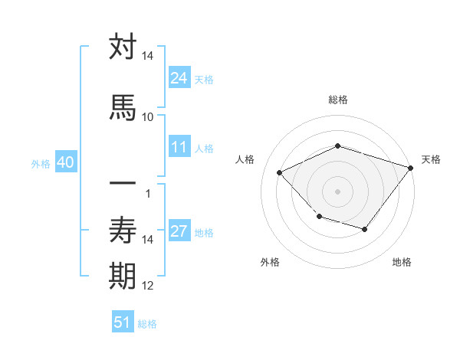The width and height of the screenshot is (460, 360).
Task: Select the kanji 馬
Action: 123,106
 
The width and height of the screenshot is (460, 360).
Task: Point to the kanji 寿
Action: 123,229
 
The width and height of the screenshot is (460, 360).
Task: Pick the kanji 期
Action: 123,275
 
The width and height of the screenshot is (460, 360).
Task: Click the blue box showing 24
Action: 179,77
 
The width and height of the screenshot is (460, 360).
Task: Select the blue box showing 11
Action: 179,147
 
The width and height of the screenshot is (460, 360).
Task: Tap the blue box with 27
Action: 179,231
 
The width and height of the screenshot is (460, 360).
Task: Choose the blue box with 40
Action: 64,162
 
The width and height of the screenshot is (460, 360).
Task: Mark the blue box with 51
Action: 123,322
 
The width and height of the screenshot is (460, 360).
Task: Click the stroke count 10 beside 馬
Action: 147,116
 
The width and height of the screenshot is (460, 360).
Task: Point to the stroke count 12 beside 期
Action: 148,286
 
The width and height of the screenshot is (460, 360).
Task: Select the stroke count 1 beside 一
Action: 147,192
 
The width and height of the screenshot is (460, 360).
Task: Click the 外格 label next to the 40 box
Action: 41,163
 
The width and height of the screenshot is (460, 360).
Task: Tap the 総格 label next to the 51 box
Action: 147,323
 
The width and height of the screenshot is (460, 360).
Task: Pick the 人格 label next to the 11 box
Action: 204,148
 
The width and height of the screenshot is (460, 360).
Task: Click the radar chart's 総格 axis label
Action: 337,100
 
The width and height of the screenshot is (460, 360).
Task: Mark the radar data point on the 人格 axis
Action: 280,173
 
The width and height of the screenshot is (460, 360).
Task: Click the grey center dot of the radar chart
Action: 337,191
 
